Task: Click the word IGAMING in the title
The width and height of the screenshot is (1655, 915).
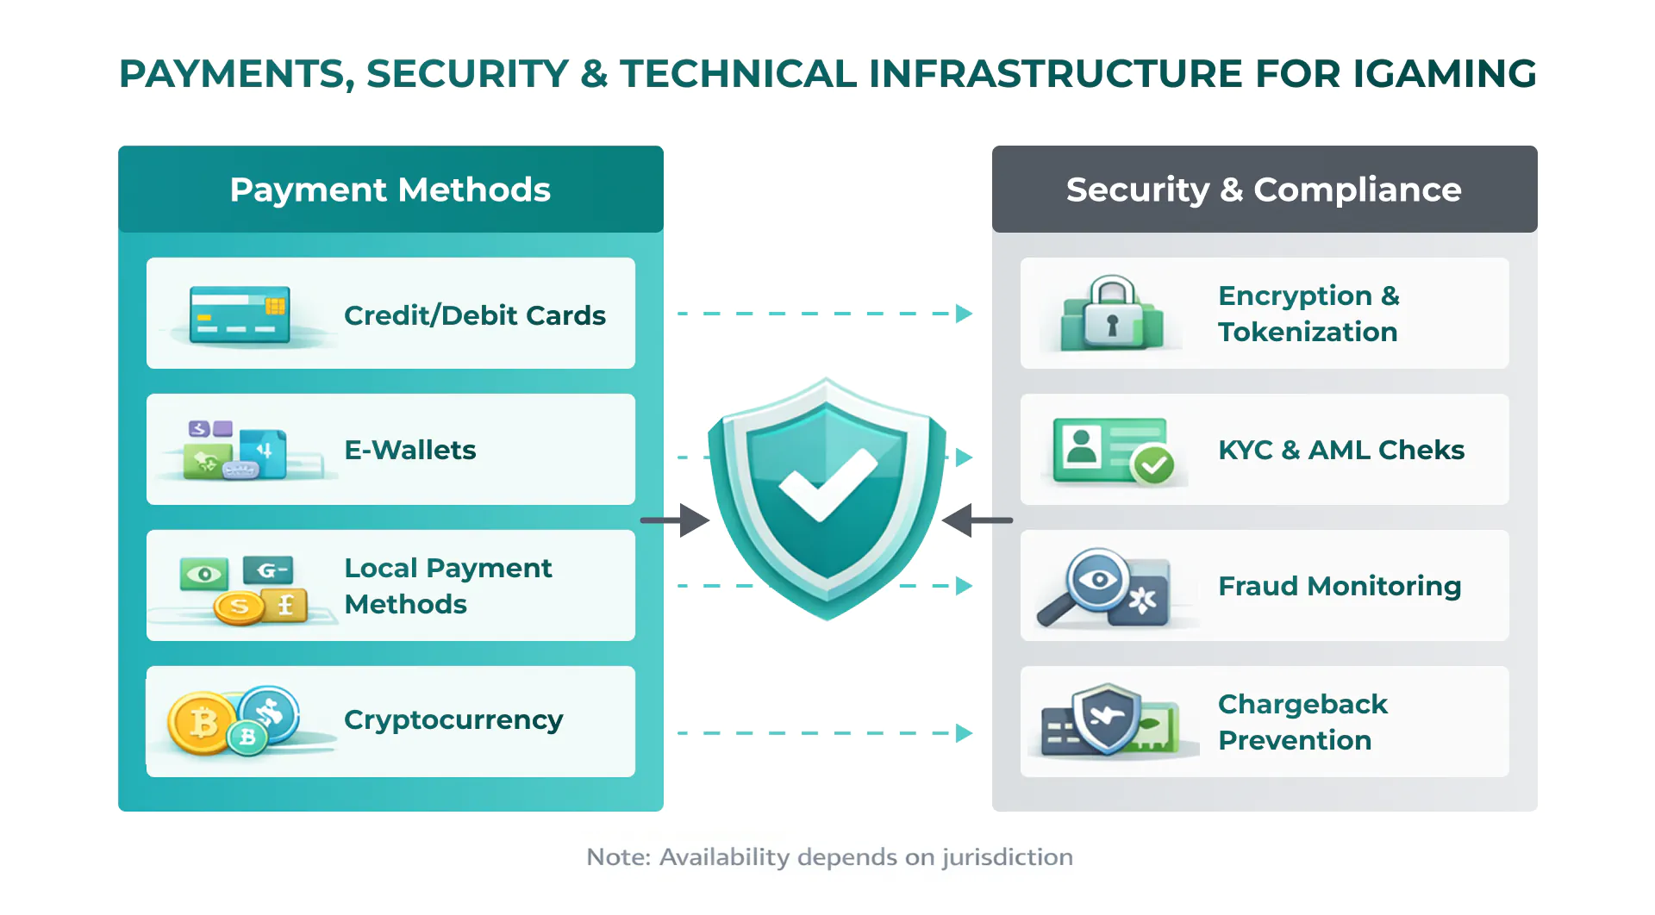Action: [1444, 74]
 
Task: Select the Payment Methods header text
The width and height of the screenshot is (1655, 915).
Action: [390, 190]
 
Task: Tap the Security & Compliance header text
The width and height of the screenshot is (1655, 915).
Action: [1264, 190]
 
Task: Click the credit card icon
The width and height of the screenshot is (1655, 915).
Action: [239, 314]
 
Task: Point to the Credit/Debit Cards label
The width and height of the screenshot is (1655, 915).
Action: [474, 315]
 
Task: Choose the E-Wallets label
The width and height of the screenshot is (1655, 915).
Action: [409, 450]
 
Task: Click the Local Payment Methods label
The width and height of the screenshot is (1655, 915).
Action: [447, 586]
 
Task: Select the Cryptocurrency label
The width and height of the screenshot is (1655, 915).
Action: [453, 719]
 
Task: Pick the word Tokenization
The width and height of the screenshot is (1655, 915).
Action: [1307, 332]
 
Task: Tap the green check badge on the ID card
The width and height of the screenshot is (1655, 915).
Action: [1153, 465]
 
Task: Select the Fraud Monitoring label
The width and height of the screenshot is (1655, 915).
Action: [1340, 586]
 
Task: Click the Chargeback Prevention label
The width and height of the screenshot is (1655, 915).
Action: [1302, 722]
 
